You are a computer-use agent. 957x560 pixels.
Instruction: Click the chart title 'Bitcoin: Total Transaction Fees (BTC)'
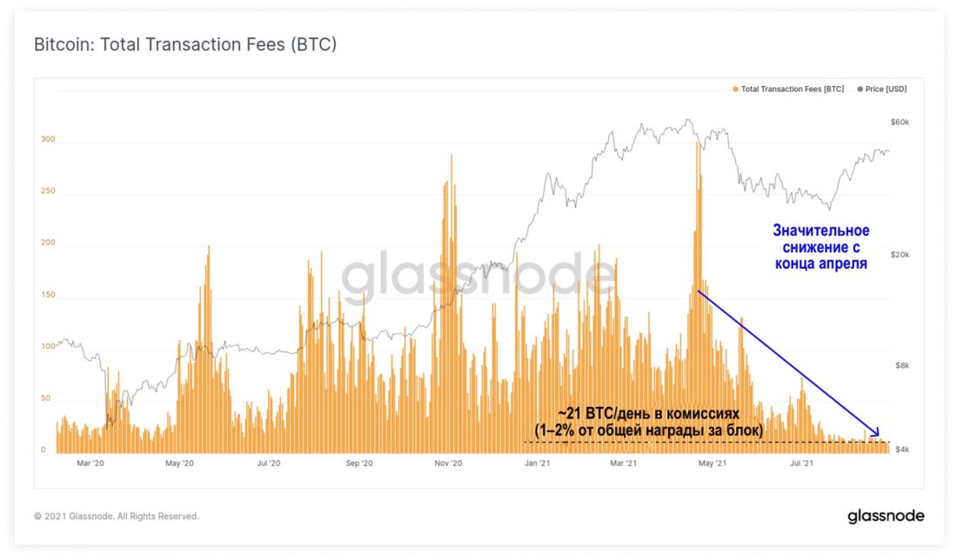pyautogui.click(x=184, y=44)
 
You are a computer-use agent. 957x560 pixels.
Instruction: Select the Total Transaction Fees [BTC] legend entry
pyautogui.click(x=788, y=90)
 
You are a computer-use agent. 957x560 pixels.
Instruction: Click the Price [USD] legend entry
pyautogui.click(x=882, y=90)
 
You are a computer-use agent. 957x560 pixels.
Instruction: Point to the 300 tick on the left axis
pyautogui.click(x=48, y=139)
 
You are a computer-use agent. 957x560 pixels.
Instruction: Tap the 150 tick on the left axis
pyautogui.click(x=48, y=295)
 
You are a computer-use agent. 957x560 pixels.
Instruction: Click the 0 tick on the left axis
pyautogui.click(x=43, y=450)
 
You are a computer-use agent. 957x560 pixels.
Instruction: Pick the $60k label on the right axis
pyautogui.click(x=900, y=123)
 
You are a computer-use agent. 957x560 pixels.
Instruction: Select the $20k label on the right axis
pyautogui.click(x=900, y=254)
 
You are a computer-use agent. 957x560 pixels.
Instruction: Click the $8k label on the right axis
pyautogui.click(x=902, y=366)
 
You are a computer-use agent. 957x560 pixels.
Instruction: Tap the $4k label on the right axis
pyautogui.click(x=902, y=450)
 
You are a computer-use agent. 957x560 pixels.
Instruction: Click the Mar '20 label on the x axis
pyautogui.click(x=90, y=464)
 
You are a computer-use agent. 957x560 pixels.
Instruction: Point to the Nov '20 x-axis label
pyautogui.click(x=446, y=464)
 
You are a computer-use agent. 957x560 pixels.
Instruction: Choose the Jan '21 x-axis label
pyautogui.click(x=538, y=464)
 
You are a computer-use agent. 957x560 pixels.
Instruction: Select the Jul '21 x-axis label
pyautogui.click(x=801, y=464)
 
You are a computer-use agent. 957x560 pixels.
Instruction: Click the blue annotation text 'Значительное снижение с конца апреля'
pyautogui.click(x=820, y=247)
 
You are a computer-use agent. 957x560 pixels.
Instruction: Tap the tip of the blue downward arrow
pyautogui.click(x=880, y=436)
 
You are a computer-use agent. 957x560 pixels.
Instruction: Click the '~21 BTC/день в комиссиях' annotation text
pyautogui.click(x=648, y=415)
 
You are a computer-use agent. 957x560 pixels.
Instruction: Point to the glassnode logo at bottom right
pyautogui.click(x=886, y=517)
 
